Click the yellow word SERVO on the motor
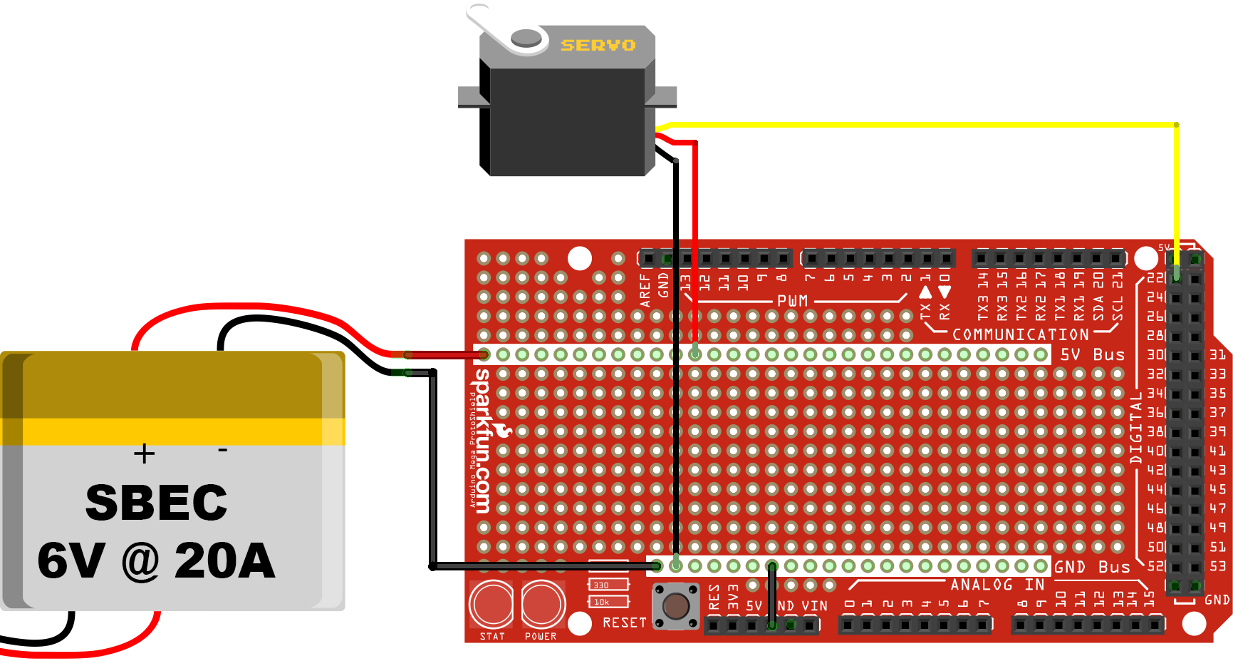tap(598, 46)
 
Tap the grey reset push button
tap(676, 607)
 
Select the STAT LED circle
tap(491, 603)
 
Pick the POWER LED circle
tap(543, 603)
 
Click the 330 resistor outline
tap(608, 585)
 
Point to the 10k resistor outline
tap(608, 602)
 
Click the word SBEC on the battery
tap(156, 503)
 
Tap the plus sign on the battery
tap(144, 454)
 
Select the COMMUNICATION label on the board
tap(1020, 334)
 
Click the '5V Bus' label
tap(1092, 354)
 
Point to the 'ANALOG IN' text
tap(997, 585)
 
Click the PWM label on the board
tap(792, 301)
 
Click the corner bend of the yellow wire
tap(1176, 125)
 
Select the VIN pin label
tap(814, 606)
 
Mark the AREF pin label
tap(645, 289)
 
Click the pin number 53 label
tap(1218, 566)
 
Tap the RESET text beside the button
tap(625, 622)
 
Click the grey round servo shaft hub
tap(526, 37)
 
